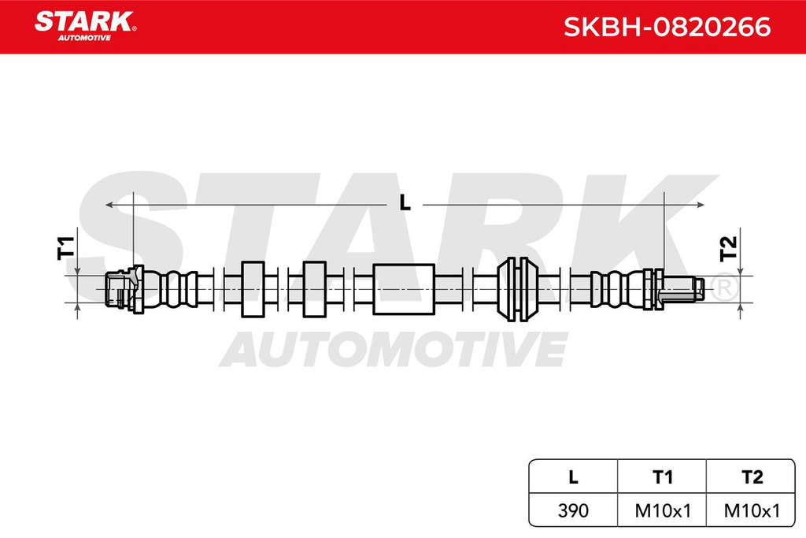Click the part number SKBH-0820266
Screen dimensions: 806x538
(667, 27)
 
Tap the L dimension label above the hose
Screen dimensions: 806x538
(405, 203)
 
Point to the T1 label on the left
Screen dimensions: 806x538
(66, 247)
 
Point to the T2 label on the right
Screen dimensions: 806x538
(728, 248)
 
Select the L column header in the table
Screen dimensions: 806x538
(573, 477)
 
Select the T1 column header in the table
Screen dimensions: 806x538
(662, 477)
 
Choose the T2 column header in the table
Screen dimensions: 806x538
(752, 477)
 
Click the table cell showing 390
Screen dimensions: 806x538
(573, 510)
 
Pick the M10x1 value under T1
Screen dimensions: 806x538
(663, 510)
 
